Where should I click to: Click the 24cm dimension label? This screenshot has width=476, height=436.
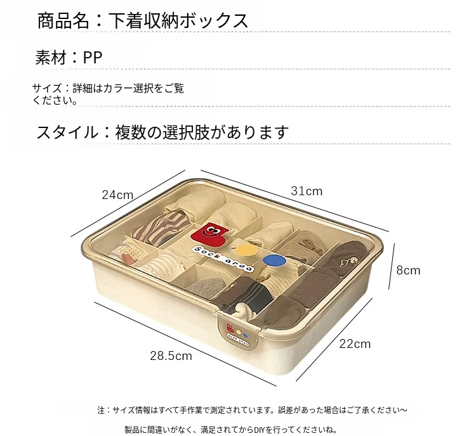click(x=118, y=195)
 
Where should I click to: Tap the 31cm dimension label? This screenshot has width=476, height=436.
click(x=307, y=191)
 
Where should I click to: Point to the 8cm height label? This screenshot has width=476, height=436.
click(x=408, y=271)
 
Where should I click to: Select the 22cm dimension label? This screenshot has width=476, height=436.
click(x=355, y=344)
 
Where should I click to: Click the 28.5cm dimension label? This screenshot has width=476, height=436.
click(x=171, y=356)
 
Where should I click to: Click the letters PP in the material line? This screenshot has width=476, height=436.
click(x=93, y=58)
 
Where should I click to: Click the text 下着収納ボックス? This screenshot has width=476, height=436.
click(x=179, y=21)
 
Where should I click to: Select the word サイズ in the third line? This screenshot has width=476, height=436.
click(x=46, y=89)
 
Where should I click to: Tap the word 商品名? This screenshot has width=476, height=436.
click(x=63, y=21)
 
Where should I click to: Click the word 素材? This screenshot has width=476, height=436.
click(x=51, y=58)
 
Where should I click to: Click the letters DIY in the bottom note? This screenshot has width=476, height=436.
click(x=256, y=429)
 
